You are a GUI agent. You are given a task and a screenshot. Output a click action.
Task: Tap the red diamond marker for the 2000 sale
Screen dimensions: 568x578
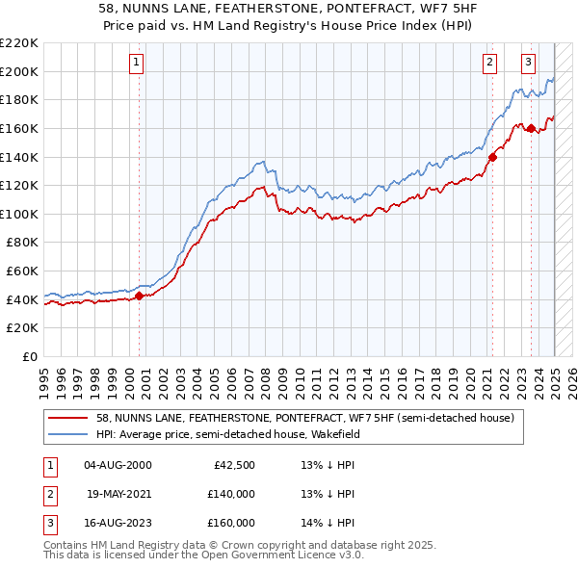139,297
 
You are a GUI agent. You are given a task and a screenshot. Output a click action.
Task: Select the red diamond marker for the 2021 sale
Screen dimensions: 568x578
492,157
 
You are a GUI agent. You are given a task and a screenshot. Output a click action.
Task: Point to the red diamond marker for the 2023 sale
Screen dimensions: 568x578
531,128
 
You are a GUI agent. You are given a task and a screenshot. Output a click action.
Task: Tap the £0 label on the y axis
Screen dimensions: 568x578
30,357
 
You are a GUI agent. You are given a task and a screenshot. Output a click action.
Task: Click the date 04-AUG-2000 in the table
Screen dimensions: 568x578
118,465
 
